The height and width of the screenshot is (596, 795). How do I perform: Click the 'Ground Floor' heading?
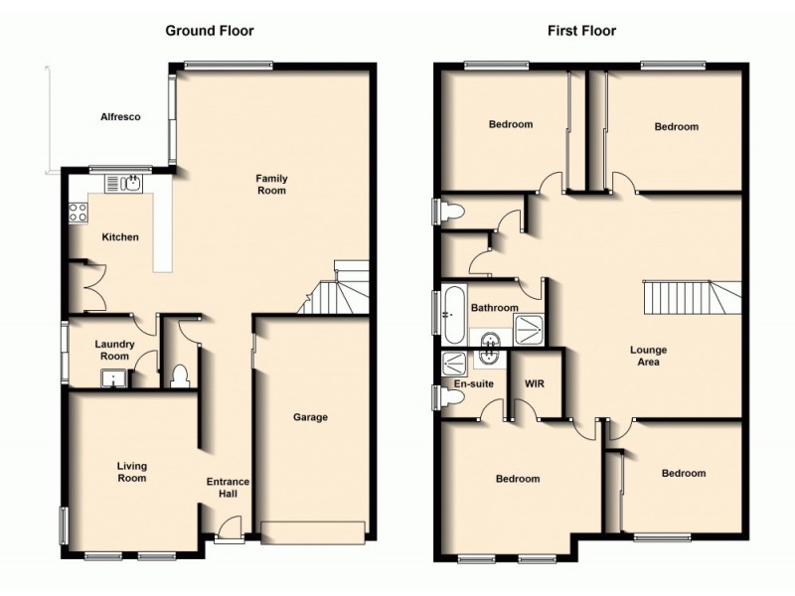tap(209, 31)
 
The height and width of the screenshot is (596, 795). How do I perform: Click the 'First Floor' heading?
tap(581, 31)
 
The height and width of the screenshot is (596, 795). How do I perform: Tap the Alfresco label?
tap(120, 117)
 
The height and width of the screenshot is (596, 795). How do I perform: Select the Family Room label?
tap(271, 184)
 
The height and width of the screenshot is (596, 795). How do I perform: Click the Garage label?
tap(310, 417)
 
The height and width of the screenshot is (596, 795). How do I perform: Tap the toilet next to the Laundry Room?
tap(179, 375)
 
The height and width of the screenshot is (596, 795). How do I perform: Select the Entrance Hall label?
tap(228, 488)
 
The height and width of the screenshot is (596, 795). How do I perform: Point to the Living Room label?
tap(131, 472)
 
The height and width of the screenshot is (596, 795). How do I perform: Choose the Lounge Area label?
tap(648, 356)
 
